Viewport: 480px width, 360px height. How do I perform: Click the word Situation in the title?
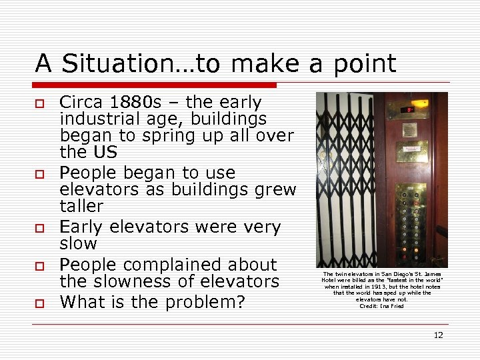pyautogui.click(x=118, y=64)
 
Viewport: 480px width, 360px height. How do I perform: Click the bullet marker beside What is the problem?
pyautogui.click(x=39, y=303)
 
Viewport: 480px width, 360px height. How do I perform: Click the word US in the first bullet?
pyautogui.click(x=105, y=153)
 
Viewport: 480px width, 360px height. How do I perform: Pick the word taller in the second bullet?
pyautogui.click(x=81, y=207)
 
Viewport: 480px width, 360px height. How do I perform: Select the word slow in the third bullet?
pyautogui.click(x=78, y=244)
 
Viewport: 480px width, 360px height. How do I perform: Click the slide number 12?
pyautogui.click(x=438, y=335)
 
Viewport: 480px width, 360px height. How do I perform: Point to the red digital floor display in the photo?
pyautogui.click(x=405, y=110)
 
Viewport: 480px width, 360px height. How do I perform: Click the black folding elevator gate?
pyautogui.click(x=344, y=180)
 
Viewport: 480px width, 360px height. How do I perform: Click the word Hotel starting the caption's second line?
pyautogui.click(x=329, y=280)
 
